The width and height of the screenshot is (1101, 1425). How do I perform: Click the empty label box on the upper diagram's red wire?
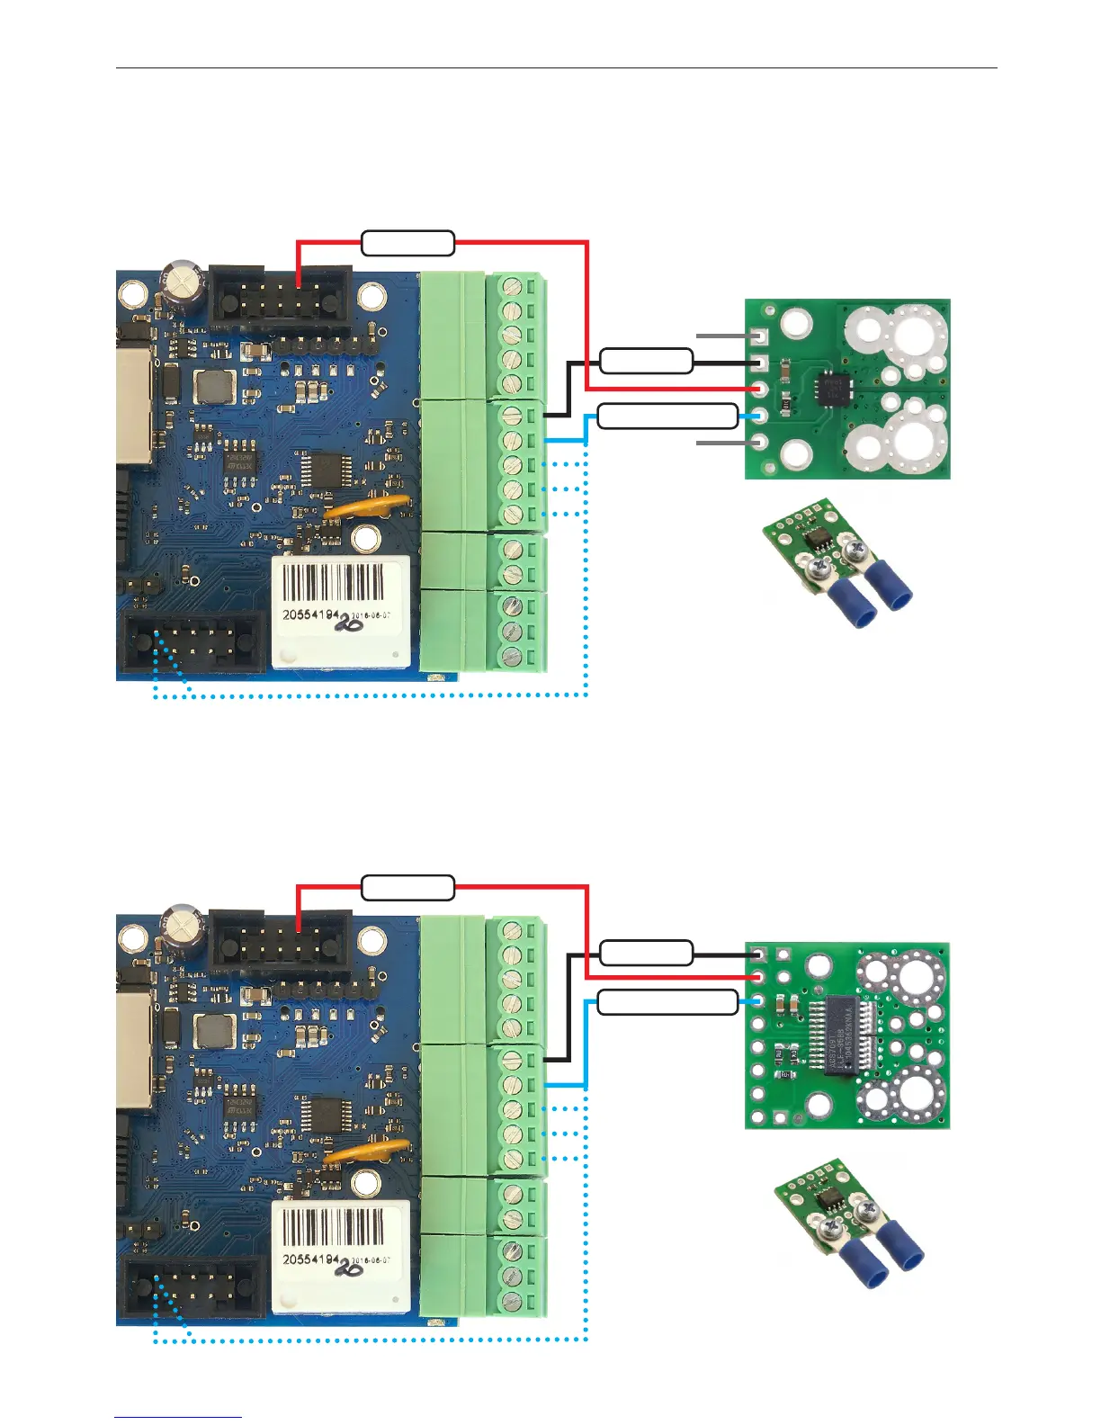[x=407, y=243]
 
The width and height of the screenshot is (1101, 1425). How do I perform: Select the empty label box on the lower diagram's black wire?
[x=646, y=952]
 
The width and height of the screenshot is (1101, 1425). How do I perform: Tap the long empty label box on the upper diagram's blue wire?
[x=667, y=416]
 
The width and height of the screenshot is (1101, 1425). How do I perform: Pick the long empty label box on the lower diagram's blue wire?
[x=667, y=1001]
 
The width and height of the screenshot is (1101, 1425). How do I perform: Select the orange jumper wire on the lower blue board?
[x=369, y=1152]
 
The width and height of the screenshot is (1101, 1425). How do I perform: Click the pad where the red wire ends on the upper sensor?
[x=761, y=389]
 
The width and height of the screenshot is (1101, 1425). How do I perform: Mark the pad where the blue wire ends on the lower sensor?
[x=759, y=1001]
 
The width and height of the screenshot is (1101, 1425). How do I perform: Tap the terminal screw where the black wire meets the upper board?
[x=513, y=416]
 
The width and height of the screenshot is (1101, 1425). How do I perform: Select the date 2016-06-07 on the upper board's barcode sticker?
[x=375, y=615]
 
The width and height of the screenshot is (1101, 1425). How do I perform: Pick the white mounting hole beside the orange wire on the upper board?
[x=365, y=540]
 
